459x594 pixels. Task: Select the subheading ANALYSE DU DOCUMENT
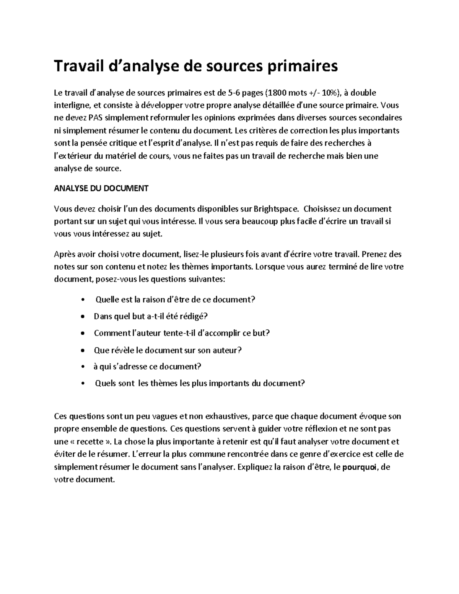(x=101, y=189)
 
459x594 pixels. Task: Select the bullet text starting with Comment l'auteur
(x=182, y=333)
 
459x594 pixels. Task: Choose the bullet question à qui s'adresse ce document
(x=147, y=366)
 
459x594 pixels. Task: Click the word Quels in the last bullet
(x=105, y=383)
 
